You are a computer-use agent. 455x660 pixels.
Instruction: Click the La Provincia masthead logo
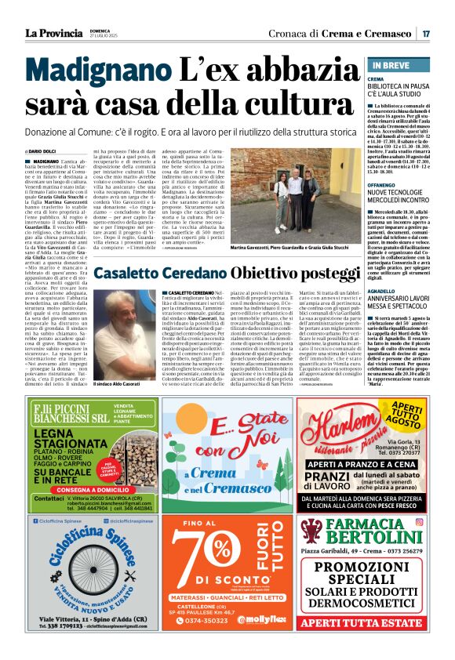click(54, 33)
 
